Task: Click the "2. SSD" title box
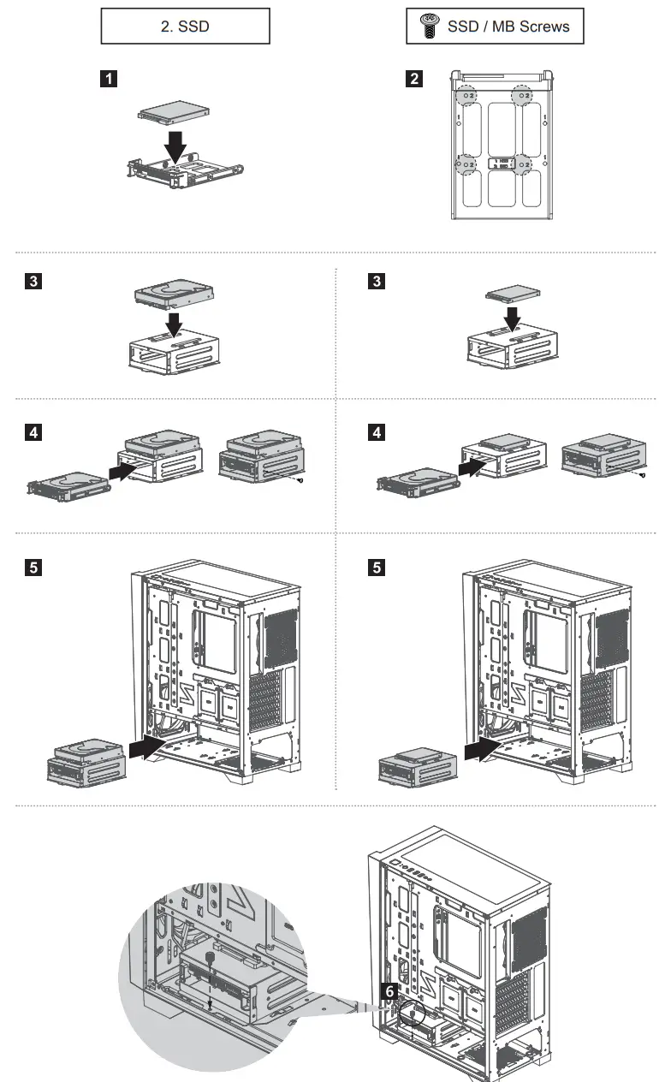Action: pyautogui.click(x=185, y=27)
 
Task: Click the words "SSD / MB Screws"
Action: pyautogui.click(x=508, y=27)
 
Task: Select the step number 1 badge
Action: pyautogui.click(x=109, y=80)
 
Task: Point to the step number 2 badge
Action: pyautogui.click(x=414, y=80)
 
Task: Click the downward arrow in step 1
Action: pyautogui.click(x=175, y=146)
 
